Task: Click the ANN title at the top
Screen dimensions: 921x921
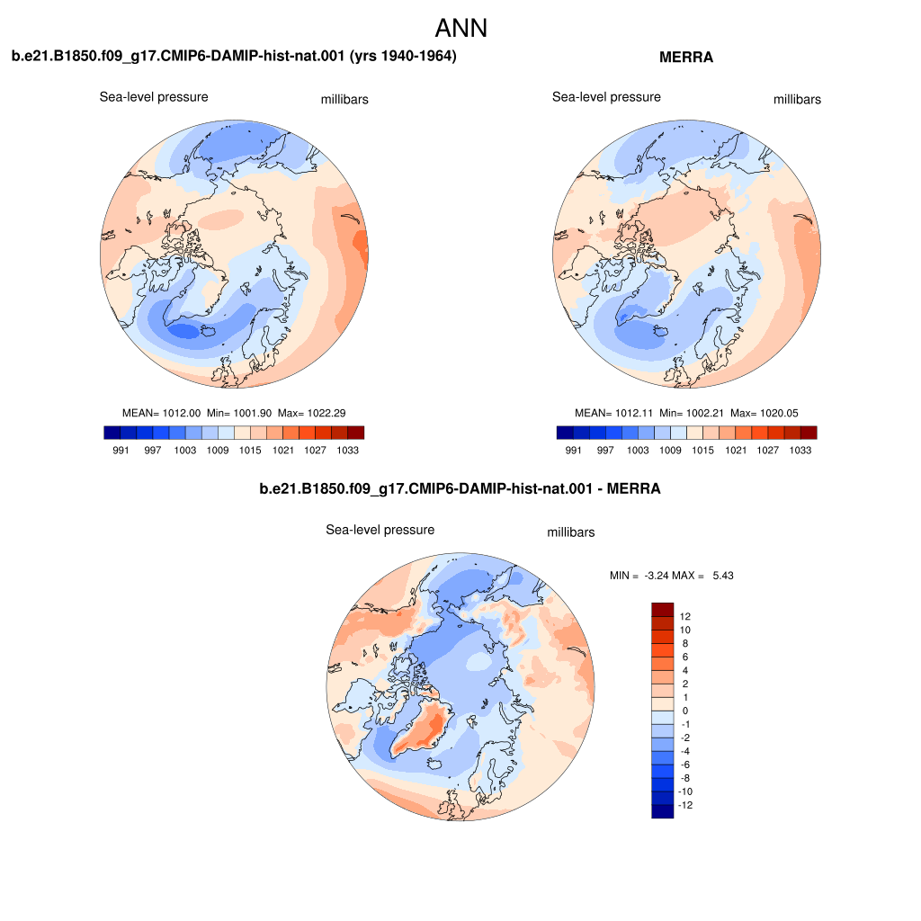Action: coord(461,28)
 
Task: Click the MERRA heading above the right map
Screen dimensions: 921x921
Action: coord(686,57)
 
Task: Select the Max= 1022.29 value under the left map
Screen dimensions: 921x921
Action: coord(312,413)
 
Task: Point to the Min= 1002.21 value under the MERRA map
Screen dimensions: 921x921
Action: coord(692,413)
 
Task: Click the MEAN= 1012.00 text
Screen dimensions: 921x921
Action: coord(162,413)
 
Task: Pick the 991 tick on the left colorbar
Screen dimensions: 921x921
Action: coord(121,450)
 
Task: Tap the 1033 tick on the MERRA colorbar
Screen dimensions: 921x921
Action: coord(800,450)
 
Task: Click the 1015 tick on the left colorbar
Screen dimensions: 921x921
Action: coord(250,450)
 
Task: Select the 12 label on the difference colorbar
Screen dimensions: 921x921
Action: coord(684,616)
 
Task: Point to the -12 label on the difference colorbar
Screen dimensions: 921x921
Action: coord(685,805)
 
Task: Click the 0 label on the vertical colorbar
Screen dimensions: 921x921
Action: coord(684,711)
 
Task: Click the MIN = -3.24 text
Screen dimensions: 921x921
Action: coord(640,576)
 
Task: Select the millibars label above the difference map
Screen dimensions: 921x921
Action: coord(571,532)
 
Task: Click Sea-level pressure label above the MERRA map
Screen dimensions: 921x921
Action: coord(606,97)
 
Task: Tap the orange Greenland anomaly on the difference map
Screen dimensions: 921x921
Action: coord(425,729)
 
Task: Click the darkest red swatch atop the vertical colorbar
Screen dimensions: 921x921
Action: coord(663,609)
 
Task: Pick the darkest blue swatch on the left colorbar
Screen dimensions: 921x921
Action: coord(112,433)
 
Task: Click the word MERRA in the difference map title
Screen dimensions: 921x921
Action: coord(633,488)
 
